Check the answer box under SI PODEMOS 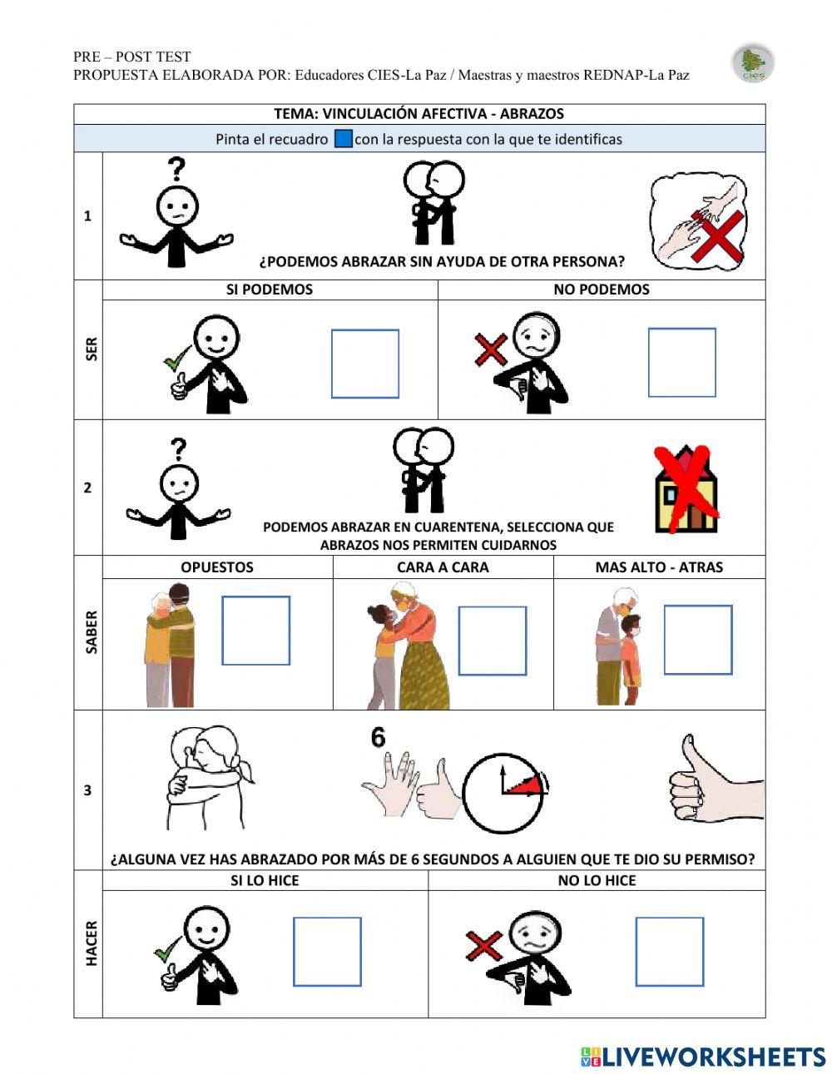364,364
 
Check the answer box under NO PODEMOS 681,362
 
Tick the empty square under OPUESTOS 255,630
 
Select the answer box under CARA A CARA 493,640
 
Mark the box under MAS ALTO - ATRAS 697,639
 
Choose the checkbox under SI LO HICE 327,951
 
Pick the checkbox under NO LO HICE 669,951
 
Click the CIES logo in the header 753,64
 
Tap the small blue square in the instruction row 343,139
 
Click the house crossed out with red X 686,489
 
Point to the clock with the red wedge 504,792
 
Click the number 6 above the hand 379,738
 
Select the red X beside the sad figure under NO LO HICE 483,946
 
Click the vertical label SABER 91,632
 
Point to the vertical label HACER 91,943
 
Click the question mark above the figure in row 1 176,169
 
